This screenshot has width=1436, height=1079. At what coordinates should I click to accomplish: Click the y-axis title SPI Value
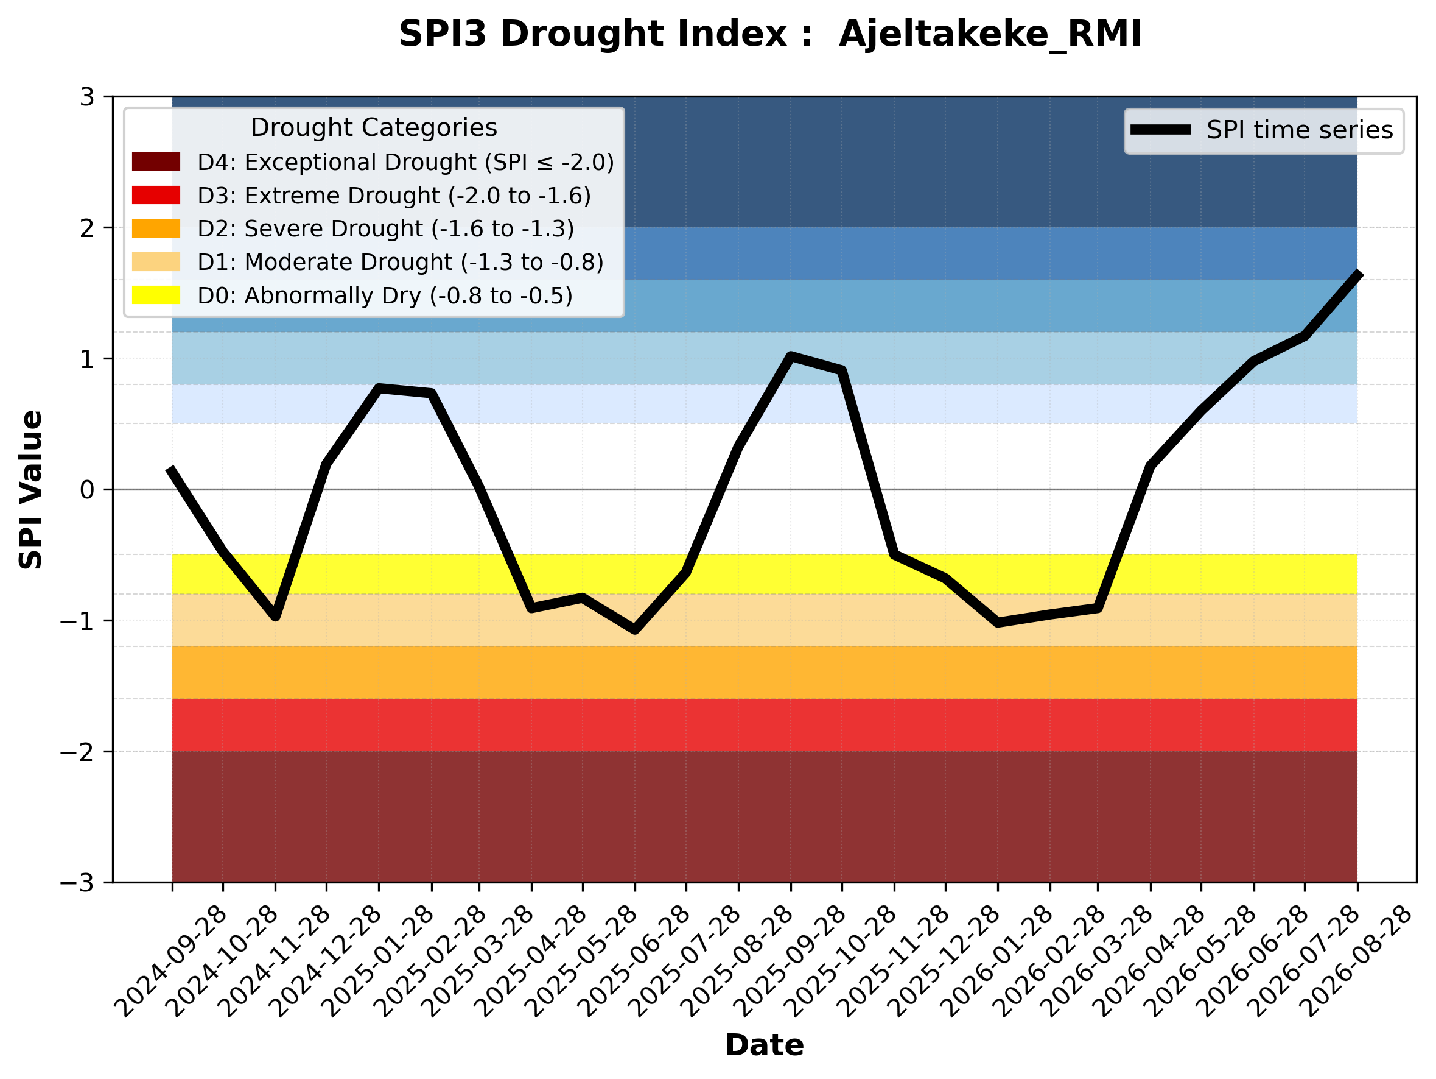pyautogui.click(x=30, y=490)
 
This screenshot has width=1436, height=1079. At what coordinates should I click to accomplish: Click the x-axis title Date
pyautogui.click(x=764, y=1045)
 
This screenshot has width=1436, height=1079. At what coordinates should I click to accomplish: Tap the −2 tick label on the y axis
pyautogui.click(x=77, y=752)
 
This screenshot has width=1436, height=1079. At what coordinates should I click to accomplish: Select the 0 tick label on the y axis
pyautogui.click(x=87, y=490)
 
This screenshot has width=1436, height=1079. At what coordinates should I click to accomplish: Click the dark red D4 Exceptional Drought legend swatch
pyautogui.click(x=156, y=161)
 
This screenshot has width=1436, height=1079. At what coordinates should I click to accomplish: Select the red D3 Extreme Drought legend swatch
pyautogui.click(x=156, y=195)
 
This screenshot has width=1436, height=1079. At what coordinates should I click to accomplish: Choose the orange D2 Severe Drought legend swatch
pyautogui.click(x=156, y=228)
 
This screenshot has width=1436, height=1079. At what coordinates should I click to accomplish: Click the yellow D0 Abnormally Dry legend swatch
pyautogui.click(x=156, y=295)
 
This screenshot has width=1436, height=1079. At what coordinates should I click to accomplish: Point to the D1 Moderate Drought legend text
pyautogui.click(x=401, y=262)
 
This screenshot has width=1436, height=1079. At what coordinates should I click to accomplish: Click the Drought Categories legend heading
pyautogui.click(x=374, y=127)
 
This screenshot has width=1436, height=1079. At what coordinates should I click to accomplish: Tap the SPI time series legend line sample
pyautogui.click(x=1161, y=130)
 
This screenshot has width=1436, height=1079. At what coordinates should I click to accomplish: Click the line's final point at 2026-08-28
pyautogui.click(x=1357, y=274)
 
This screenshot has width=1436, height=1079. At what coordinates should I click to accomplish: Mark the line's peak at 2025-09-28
pyautogui.click(x=790, y=356)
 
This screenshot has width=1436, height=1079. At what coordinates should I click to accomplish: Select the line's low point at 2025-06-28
pyautogui.click(x=634, y=629)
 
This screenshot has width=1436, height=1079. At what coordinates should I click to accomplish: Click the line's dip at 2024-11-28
pyautogui.click(x=275, y=616)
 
